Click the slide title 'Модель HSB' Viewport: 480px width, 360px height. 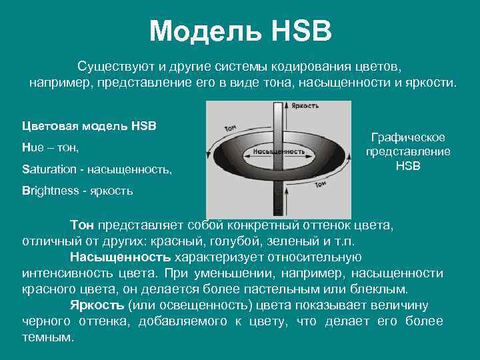240,31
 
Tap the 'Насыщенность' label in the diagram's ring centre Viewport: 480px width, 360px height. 279,151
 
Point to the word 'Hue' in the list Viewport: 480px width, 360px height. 32,147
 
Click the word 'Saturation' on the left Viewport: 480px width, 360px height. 49,169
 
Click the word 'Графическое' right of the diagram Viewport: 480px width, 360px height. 408,137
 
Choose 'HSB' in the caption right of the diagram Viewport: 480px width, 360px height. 408,165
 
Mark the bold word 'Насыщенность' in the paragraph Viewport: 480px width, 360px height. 120,257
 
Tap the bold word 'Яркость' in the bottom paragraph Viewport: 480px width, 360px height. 97,305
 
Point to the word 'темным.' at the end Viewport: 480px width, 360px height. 47,337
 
